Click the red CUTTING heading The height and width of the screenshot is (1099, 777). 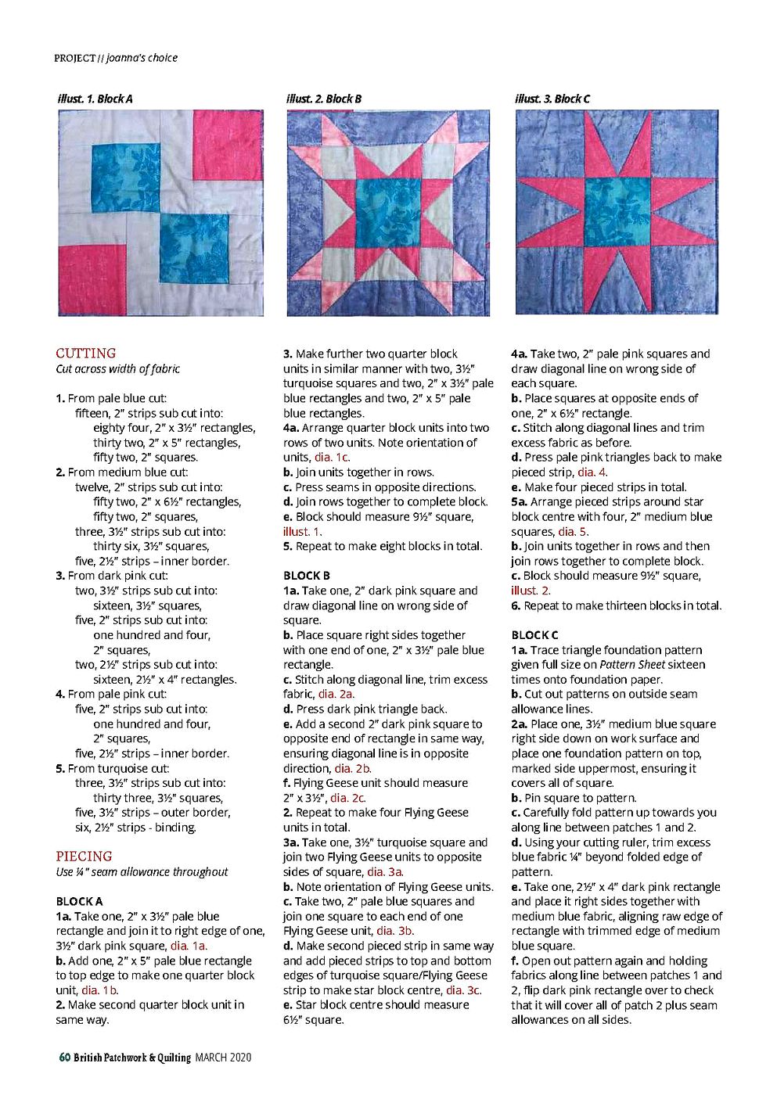pyautogui.click(x=86, y=353)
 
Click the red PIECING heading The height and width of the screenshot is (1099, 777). pyautogui.click(x=84, y=856)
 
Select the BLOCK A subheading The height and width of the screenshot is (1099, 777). pyautogui.click(x=79, y=901)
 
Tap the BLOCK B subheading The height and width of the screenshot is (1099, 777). pyautogui.click(x=307, y=576)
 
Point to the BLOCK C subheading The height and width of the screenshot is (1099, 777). pyautogui.click(x=535, y=635)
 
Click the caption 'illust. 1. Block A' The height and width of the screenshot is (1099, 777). pyautogui.click(x=95, y=99)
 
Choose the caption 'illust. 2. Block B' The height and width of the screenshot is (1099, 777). pyautogui.click(x=324, y=99)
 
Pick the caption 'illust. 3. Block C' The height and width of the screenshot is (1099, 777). pyautogui.click(x=552, y=99)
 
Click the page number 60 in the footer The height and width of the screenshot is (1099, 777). pyautogui.click(x=65, y=1058)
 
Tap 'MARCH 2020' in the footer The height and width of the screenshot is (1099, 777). pyautogui.click(x=223, y=1058)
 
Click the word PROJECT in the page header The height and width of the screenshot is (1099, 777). pyautogui.click(x=74, y=58)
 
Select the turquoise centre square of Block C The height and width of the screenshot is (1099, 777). pyautogui.click(x=617, y=212)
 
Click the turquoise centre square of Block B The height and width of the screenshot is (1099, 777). pyautogui.click(x=388, y=212)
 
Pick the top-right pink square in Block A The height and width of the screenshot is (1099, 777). pyautogui.click(x=228, y=145)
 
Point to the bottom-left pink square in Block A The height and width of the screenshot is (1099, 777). pyautogui.click(x=92, y=280)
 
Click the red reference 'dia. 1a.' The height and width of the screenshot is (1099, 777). pyautogui.click(x=189, y=946)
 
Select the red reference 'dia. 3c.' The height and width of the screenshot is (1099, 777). pyautogui.click(x=463, y=990)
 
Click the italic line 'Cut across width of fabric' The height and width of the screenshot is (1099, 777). pyautogui.click(x=118, y=368)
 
